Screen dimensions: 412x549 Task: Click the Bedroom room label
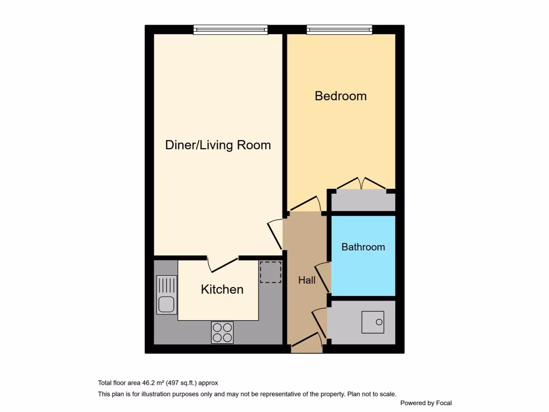[x=340, y=96]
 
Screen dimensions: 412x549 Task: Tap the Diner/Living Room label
[x=218, y=145]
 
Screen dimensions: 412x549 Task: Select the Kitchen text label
[x=222, y=290]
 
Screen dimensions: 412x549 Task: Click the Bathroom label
[x=363, y=247]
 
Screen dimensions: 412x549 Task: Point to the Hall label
[x=307, y=280]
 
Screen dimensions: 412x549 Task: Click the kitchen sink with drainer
[x=167, y=295]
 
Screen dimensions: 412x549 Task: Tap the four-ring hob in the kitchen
[x=222, y=332]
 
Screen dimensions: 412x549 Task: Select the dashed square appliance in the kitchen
[x=270, y=271]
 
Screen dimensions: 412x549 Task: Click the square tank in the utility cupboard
[x=372, y=322]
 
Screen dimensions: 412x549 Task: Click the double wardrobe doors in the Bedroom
[x=361, y=184]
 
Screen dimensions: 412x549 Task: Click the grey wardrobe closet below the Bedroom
[x=363, y=202]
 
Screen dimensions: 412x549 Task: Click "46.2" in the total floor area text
[x=149, y=383]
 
